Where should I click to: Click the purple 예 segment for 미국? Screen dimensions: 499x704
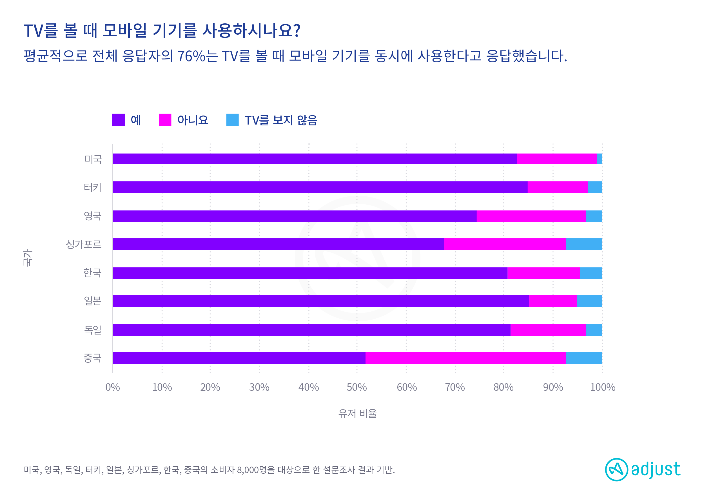(x=315, y=159)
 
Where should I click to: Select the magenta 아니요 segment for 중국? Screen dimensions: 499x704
(x=465, y=358)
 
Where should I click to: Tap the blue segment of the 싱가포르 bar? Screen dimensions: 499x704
(x=584, y=244)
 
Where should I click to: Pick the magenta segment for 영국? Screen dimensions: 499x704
(x=531, y=216)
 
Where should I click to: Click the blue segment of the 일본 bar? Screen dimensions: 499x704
(x=589, y=301)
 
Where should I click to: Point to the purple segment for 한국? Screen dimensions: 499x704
(x=310, y=273)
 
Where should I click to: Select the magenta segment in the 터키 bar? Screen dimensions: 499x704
(x=557, y=187)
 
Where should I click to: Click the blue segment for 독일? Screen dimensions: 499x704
(x=594, y=330)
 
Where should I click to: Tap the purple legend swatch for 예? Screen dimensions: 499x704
(x=119, y=120)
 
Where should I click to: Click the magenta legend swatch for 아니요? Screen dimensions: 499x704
(x=165, y=120)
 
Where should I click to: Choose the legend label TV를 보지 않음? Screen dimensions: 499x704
(x=281, y=120)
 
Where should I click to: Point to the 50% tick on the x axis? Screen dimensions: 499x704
(x=357, y=387)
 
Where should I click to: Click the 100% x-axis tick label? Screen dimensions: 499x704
(x=602, y=387)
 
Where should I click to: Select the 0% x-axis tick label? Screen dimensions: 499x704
(x=113, y=387)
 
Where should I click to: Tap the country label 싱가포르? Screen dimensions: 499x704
(x=84, y=244)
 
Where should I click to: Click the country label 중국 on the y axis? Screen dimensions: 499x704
(x=92, y=358)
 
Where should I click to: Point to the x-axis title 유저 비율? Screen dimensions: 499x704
(x=357, y=414)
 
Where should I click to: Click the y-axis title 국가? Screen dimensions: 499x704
(x=27, y=258)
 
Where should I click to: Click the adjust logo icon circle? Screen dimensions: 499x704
(x=616, y=469)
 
